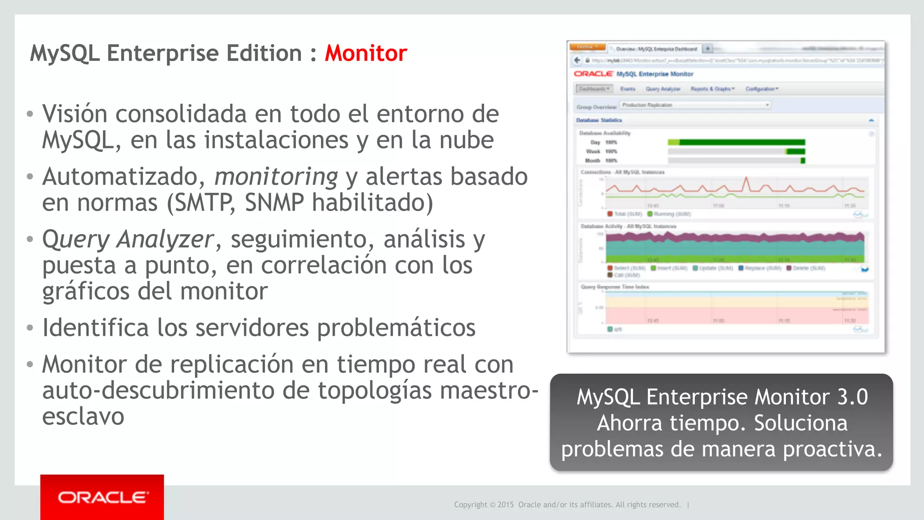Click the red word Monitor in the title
click(x=366, y=53)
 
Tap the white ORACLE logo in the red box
click(x=102, y=497)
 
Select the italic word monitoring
click(x=276, y=176)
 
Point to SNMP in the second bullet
click(x=274, y=202)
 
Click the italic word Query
click(x=76, y=239)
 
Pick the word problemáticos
click(x=396, y=327)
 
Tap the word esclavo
click(x=83, y=416)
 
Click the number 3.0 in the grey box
click(x=852, y=397)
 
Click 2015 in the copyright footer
click(x=505, y=505)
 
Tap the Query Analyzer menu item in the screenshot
click(x=663, y=89)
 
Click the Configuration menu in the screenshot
click(x=762, y=89)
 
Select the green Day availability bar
click(x=736, y=143)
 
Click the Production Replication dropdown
click(x=695, y=105)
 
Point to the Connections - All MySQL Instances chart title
click(x=622, y=172)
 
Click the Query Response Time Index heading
click(x=614, y=287)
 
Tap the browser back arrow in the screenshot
click(x=577, y=60)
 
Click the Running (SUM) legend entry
click(x=669, y=214)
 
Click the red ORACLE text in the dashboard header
click(x=593, y=74)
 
